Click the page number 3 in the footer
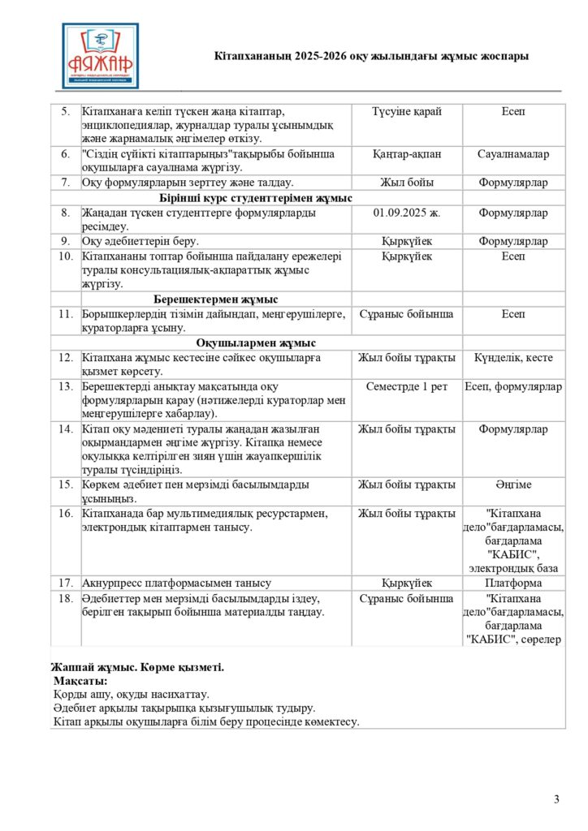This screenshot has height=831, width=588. pyautogui.click(x=556, y=800)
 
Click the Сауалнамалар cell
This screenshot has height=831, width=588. pyautogui.click(x=512, y=153)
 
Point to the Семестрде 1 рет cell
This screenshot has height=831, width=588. pyautogui.click(x=406, y=386)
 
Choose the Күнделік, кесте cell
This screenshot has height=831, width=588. pyautogui.click(x=512, y=357)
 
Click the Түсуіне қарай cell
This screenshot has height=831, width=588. pyautogui.click(x=406, y=111)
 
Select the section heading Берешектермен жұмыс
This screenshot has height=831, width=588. pyautogui.click(x=215, y=299)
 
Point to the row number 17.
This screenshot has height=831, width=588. pyautogui.click(x=65, y=583)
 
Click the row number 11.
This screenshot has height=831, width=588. pyautogui.click(x=65, y=313)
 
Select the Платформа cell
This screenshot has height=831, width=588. pyautogui.click(x=512, y=583)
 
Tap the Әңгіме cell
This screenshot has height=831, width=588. pyautogui.click(x=512, y=484)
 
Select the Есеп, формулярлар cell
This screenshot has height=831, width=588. pyautogui.click(x=512, y=386)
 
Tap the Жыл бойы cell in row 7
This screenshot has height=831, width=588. pyautogui.click(x=406, y=183)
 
